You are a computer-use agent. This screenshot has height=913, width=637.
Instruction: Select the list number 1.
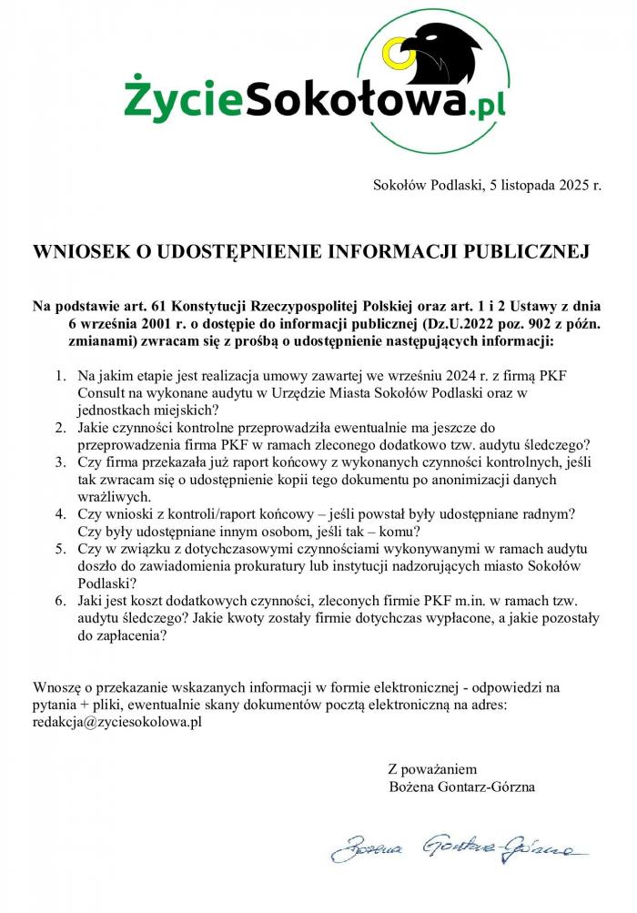tap(60, 376)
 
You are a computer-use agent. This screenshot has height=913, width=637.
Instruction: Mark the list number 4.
tap(60, 513)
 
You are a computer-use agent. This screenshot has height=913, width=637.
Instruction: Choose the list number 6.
tap(60, 602)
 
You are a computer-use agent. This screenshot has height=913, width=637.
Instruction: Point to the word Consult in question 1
tap(101, 393)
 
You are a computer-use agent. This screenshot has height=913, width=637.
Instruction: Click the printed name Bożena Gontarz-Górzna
tap(461, 786)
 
